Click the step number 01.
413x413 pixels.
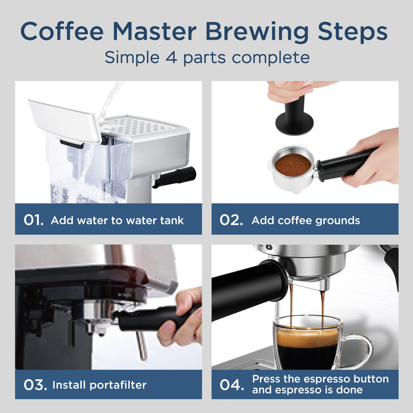[x=33, y=220]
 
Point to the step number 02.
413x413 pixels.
[x=231, y=220]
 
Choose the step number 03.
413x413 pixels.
[x=35, y=384]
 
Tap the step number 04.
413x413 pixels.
[x=232, y=384]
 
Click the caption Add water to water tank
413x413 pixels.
[x=117, y=221]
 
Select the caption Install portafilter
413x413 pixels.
[x=99, y=385]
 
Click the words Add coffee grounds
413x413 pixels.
[x=305, y=221]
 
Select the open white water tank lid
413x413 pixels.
[x=65, y=121]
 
